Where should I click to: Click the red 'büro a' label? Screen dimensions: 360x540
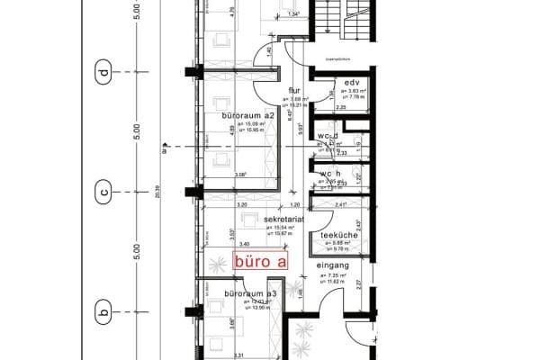(261, 262)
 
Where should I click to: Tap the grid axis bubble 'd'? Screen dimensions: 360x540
(104, 71)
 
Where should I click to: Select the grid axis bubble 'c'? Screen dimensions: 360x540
(104, 192)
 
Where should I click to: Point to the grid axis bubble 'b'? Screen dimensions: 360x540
(104, 313)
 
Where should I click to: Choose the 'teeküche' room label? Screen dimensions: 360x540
(340, 236)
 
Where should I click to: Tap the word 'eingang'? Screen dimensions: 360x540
(332, 265)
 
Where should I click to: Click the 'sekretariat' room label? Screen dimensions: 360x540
(284, 219)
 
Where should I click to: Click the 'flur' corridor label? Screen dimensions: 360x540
(293, 90)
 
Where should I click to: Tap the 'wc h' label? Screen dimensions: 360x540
(329, 173)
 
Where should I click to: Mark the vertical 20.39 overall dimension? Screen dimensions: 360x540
(156, 192)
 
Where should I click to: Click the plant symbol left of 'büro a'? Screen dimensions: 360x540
(216, 263)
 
